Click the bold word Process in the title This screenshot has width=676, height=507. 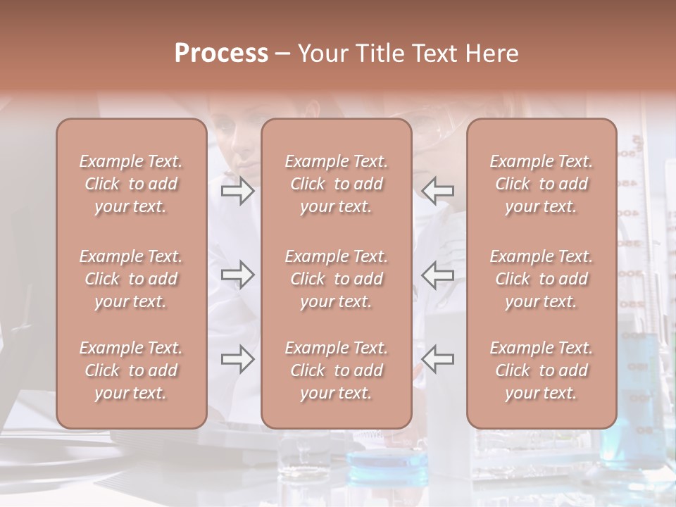point(221,54)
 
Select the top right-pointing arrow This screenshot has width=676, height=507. point(237,192)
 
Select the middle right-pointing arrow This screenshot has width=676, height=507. point(237,275)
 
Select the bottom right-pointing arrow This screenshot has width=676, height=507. point(237,359)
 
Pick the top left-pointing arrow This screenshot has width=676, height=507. point(438,192)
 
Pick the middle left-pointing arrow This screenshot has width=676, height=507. point(438,275)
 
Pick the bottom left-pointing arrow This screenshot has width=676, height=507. point(438,359)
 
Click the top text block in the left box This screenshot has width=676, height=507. point(131,184)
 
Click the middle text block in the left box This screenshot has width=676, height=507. point(131,279)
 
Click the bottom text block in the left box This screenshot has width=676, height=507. point(131,370)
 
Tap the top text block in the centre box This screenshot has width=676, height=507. point(336,184)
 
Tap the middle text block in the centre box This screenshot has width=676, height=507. point(336,279)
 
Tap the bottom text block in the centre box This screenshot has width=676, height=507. point(336,370)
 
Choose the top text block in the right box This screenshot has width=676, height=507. point(541,184)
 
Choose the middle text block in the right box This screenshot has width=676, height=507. point(541,279)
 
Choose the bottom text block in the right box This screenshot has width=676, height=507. point(541,370)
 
